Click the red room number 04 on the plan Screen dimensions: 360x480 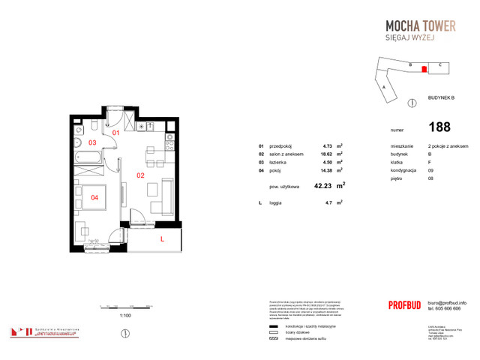(94, 198)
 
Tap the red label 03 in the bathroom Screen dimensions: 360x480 (93, 142)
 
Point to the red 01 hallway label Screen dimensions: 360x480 (116, 133)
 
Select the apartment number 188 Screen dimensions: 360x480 (440, 127)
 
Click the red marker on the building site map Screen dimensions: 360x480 (424, 69)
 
